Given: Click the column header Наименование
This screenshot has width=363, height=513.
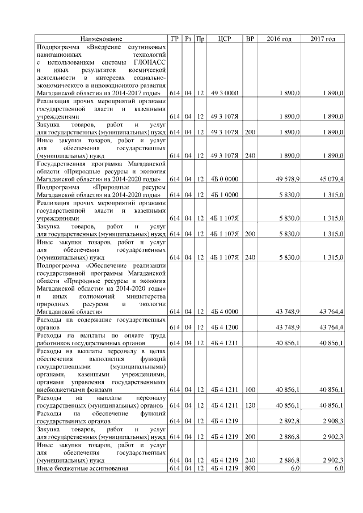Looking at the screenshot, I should pos(101,39).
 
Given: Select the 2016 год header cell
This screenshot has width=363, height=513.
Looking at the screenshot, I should pos(278,39).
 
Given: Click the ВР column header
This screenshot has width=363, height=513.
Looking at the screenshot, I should pos(249,39).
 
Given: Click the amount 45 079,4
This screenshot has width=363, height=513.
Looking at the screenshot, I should pos(331,179).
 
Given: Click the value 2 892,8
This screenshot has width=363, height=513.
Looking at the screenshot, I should pos(290,421).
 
